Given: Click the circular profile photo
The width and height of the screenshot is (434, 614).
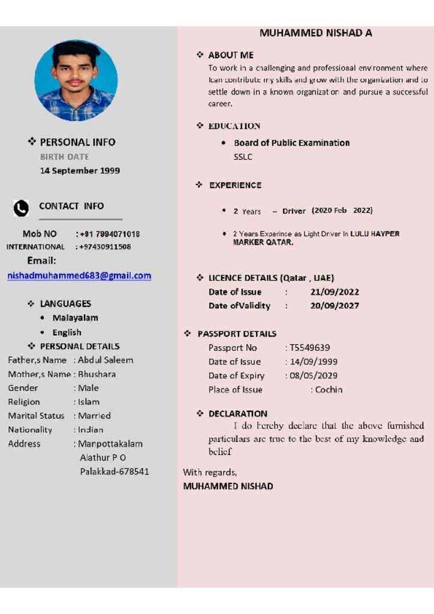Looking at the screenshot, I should click(x=76, y=81).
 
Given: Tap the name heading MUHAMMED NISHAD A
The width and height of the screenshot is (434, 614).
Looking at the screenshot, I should click(x=316, y=33).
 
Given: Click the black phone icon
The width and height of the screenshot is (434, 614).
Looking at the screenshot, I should click(x=21, y=208).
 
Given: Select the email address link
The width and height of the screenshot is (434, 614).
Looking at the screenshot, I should click(x=79, y=276).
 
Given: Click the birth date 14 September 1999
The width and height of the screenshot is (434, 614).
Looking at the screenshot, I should click(x=80, y=171).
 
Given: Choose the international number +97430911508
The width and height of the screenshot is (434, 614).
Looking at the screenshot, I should click(x=105, y=246).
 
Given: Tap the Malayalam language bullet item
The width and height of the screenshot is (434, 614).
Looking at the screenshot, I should click(x=75, y=318).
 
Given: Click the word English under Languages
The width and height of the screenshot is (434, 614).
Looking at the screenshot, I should click(x=67, y=332).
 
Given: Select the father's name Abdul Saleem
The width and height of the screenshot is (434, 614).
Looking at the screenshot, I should click(x=106, y=360).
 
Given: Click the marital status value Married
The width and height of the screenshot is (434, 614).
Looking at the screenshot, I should click(x=95, y=416).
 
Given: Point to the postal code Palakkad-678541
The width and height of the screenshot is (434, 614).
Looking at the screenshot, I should click(x=114, y=471).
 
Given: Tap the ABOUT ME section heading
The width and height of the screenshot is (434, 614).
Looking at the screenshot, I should click(x=231, y=55).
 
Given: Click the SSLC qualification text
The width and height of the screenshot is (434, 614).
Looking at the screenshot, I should click(x=243, y=157).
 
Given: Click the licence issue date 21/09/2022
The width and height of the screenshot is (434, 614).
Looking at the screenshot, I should click(x=334, y=292).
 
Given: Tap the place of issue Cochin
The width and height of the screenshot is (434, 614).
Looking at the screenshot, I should click(x=329, y=390).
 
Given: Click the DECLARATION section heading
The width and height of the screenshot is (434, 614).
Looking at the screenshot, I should click(x=238, y=414).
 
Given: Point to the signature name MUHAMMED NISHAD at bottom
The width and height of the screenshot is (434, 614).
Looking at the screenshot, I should click(x=228, y=486).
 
